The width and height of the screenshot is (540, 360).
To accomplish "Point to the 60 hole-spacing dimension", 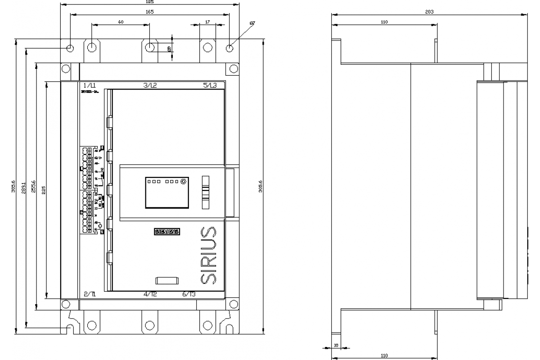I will point(121,22).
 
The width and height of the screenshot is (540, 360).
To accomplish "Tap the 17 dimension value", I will point(207,22).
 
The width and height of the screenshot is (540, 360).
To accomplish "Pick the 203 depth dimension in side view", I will point(429,12).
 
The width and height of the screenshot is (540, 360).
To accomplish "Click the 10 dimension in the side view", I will point(335,346).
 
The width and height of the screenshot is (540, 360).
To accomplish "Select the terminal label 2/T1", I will point(90,294).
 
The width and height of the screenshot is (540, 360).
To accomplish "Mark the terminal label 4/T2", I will point(150,294).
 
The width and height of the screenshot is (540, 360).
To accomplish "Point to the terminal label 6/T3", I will point(189,294).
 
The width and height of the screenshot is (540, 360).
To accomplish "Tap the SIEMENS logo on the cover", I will point(167,232).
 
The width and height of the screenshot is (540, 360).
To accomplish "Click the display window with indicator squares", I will point(166,192).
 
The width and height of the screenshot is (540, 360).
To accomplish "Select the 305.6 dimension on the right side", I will point(260,185).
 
